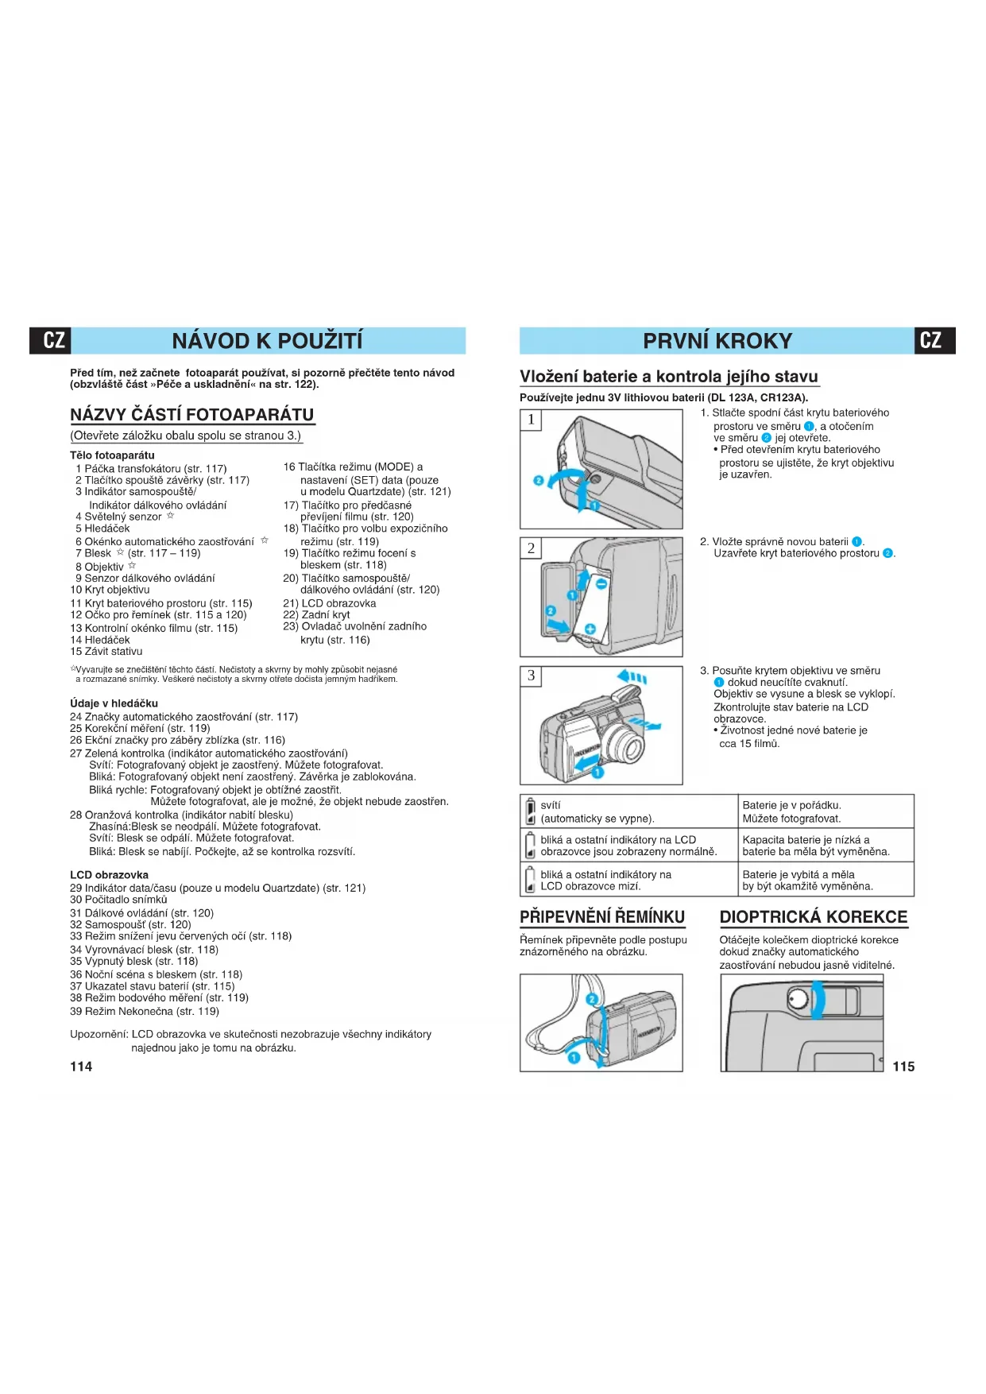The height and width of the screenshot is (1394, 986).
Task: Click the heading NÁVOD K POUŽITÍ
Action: pos(267,341)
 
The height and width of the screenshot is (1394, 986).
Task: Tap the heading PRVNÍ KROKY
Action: pos(717,341)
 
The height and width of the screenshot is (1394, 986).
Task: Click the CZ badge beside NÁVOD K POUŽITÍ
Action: pos(52,341)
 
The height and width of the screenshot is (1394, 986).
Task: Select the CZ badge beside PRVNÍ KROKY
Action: pos(934,341)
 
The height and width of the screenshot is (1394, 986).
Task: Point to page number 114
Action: pos(81,1067)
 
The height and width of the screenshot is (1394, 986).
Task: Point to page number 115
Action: pos(903,1067)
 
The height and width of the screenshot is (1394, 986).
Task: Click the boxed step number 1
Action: pos(531,420)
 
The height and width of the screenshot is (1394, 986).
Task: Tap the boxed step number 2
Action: pos(531,548)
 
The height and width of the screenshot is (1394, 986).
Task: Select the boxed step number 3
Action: pos(531,676)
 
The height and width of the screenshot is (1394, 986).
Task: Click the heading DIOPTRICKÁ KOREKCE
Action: pos(813,917)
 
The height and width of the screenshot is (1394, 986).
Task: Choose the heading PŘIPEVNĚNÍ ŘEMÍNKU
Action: pos(602,917)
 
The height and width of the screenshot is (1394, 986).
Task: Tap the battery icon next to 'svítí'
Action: pos(530,812)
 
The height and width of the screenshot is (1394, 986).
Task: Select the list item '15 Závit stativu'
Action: pos(106,652)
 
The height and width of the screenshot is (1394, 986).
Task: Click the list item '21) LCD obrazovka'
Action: pos(330,604)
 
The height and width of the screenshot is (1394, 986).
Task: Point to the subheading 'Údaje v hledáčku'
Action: pos(114,703)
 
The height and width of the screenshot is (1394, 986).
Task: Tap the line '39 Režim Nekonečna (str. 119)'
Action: pos(145,1012)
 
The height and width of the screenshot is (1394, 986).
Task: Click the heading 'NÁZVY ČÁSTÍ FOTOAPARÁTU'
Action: pos(191,415)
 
